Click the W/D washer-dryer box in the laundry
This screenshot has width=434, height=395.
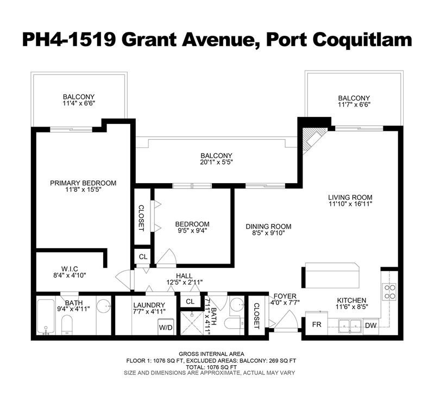tap(166, 327)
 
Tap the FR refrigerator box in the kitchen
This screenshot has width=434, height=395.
tap(316, 324)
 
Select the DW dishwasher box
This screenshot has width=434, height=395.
tap(370, 325)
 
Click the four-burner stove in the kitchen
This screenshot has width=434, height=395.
tap(389, 292)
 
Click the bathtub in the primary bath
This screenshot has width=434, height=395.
tap(46, 317)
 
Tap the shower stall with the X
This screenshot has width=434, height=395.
tap(192, 323)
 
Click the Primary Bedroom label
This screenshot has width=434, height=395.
tap(83, 183)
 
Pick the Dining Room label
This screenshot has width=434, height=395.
tap(268, 227)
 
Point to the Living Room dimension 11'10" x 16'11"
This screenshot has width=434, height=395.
tap(350, 204)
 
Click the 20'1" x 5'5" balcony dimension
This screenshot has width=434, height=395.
tap(216, 162)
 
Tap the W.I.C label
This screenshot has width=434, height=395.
tap(70, 268)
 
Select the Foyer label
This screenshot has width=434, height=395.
tap(285, 296)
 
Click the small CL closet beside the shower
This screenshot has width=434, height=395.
tap(190, 301)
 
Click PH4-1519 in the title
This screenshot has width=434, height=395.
tap(69, 40)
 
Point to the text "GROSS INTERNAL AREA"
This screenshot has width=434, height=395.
tap(211, 354)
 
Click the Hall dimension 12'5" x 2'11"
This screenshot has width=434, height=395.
tap(185, 283)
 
